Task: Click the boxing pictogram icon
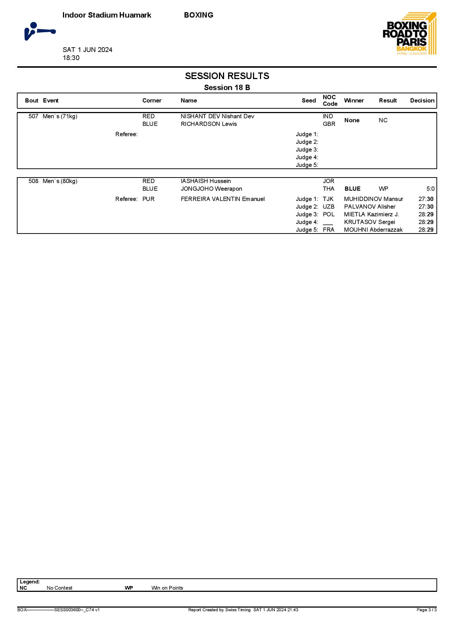tap(40, 31)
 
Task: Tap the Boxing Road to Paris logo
tap(409, 34)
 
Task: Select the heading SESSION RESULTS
tap(227, 76)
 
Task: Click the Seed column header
tap(309, 101)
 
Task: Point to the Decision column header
tap(422, 101)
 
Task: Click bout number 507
tap(33, 116)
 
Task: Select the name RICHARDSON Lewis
tap(209, 124)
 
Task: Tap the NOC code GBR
tap(329, 124)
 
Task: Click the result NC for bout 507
tap(383, 120)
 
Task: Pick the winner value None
tap(352, 120)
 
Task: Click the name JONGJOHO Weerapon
tap(211, 189)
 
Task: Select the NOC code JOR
tap(328, 181)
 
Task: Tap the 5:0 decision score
tap(430, 189)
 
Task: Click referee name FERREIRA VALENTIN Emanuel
tap(223, 199)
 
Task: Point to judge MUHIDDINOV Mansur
tap(373, 199)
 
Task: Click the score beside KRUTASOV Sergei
tap(426, 222)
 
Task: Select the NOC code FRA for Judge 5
tap(328, 230)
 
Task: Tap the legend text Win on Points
tap(167, 588)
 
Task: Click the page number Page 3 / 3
tap(426, 610)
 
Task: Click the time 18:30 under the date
tap(71, 58)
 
